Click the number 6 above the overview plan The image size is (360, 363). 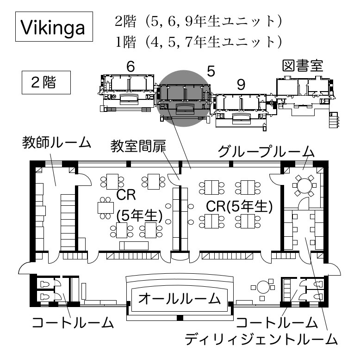point(130,67)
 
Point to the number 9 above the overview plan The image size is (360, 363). point(241,84)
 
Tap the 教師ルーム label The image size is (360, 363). point(57,142)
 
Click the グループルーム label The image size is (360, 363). point(267,152)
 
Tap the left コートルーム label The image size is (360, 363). point(73,322)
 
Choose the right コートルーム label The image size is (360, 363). point(277,322)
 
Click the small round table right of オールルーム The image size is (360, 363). point(264,287)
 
